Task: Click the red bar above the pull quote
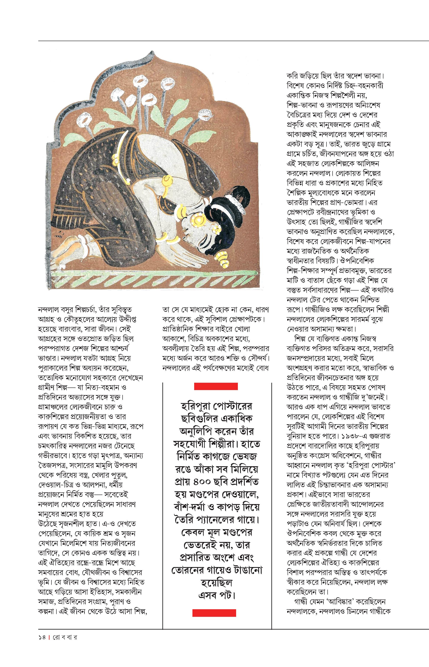216,386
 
